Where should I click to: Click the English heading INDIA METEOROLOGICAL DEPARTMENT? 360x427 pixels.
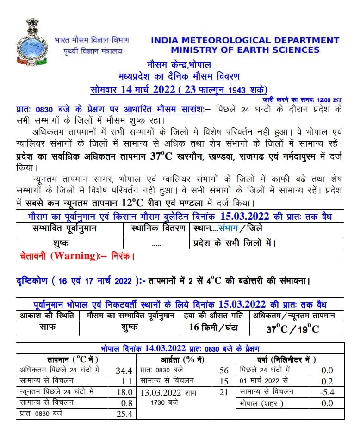point(245,40)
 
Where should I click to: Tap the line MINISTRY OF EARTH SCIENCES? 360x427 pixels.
point(245,50)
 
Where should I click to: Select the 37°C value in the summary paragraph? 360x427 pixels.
point(161,156)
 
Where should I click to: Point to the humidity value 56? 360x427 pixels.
point(224,370)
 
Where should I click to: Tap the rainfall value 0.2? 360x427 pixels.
point(327,381)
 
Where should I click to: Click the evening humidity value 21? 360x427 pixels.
point(224,392)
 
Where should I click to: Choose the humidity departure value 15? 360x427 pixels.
point(224,381)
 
